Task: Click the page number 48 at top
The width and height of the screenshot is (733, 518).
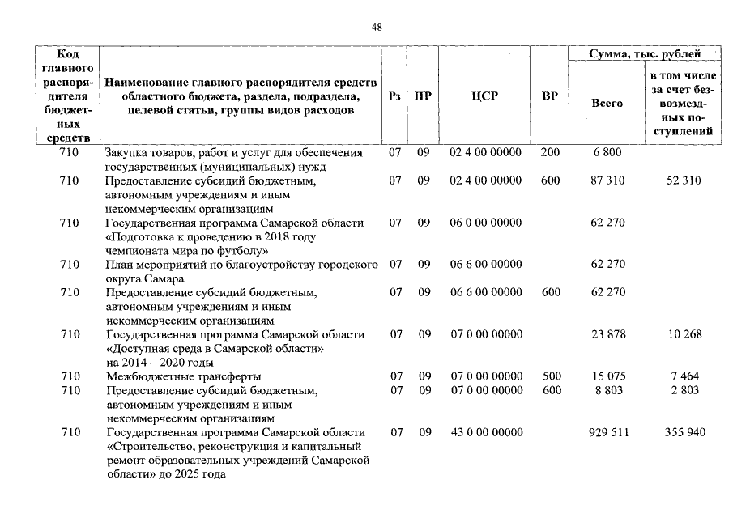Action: [x=376, y=27]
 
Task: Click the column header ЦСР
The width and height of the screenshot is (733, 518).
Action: [x=484, y=96]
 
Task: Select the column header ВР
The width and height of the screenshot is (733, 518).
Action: [x=550, y=96]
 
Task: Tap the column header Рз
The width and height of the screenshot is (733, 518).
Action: [x=394, y=96]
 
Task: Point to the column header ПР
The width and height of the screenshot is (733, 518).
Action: [x=423, y=96]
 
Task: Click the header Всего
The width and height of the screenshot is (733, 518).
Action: [x=607, y=103]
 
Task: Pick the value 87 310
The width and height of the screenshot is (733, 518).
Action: [x=608, y=180]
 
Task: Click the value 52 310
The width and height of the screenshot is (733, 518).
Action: [x=684, y=180]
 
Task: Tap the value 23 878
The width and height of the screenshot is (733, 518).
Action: [x=608, y=334]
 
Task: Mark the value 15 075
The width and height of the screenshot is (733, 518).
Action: [x=608, y=376]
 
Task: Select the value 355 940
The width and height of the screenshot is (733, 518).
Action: [x=684, y=433]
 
